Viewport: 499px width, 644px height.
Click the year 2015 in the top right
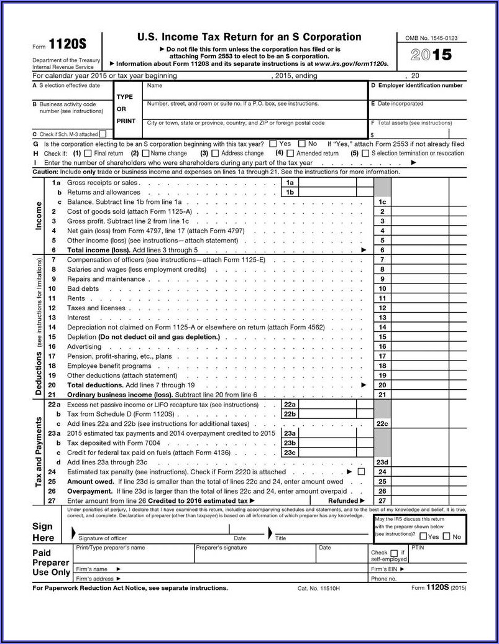click(x=431, y=55)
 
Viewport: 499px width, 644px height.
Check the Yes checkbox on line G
click(x=273, y=144)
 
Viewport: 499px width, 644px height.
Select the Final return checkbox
click(x=88, y=153)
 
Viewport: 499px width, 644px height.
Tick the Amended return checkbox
click(x=290, y=153)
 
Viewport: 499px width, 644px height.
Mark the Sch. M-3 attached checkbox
click(x=103, y=134)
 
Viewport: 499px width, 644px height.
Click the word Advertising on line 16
click(x=84, y=346)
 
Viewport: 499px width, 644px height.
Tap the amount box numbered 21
click(x=382, y=395)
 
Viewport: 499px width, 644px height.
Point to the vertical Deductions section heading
click(x=38, y=373)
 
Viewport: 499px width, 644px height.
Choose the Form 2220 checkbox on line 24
click(x=362, y=472)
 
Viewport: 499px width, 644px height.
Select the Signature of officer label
click(x=103, y=538)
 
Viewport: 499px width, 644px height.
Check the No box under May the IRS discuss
click(x=446, y=536)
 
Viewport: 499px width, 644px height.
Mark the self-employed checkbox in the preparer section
click(x=393, y=553)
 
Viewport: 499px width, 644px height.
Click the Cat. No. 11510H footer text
click(x=319, y=588)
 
